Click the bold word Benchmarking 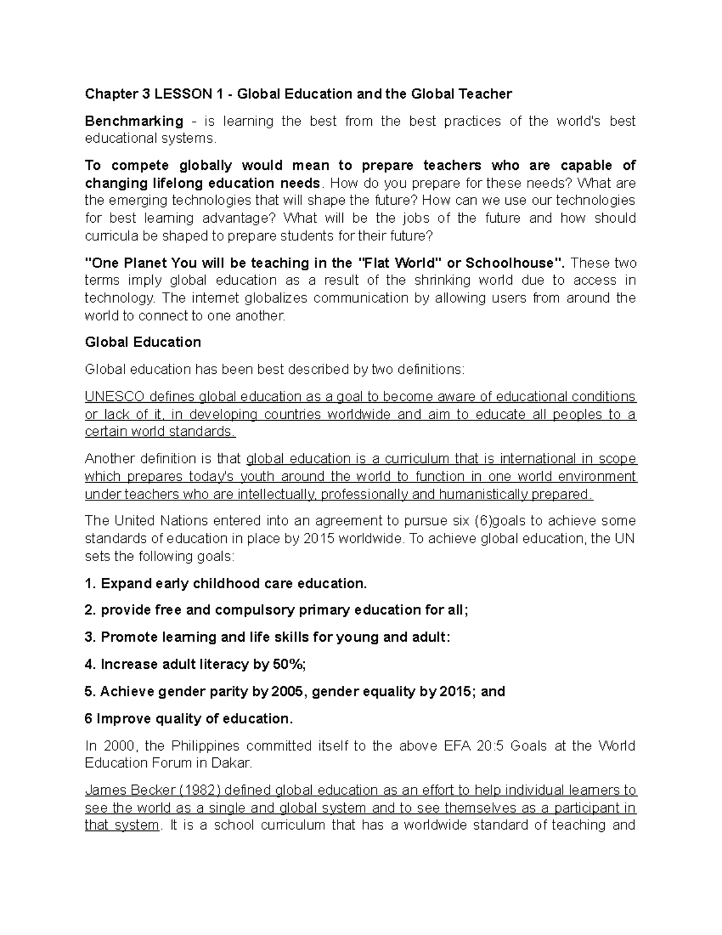[134, 121]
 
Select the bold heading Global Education [143, 342]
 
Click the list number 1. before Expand [90, 583]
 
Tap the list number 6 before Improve [88, 718]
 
